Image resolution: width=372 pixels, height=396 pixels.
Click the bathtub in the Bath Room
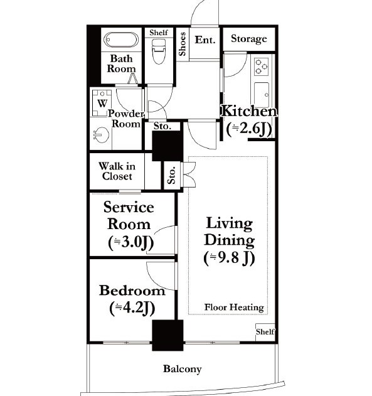pos(121,40)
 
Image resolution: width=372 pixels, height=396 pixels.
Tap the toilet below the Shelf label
pos(159,51)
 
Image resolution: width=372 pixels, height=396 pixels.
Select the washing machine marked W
pos(102,103)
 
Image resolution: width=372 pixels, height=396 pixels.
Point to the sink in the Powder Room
pos(101,134)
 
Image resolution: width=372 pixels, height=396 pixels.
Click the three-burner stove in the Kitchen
pos(261,66)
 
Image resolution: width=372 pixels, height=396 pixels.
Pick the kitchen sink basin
pos(262,94)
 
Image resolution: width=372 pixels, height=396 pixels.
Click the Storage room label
pos(249,39)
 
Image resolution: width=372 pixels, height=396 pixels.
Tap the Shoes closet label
pos(182,44)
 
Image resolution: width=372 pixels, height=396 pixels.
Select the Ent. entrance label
pos(205,40)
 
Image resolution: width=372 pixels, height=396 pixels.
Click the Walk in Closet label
pos(117,171)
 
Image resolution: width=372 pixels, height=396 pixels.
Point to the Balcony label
pos(182,369)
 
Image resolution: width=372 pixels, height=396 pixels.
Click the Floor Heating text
pos(234,308)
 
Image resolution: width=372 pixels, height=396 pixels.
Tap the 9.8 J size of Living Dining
pos(229,258)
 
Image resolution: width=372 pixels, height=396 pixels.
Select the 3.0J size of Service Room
pos(130,242)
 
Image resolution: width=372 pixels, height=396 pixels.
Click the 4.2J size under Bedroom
pos(132,308)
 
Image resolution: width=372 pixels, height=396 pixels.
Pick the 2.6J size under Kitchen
pos(249,129)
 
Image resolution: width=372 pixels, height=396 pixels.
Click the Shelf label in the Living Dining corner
pos(265,331)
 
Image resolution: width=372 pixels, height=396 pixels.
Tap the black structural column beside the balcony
pos(167,335)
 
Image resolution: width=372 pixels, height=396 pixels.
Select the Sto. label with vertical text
pos(172,175)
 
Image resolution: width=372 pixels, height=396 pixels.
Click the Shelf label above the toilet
pos(159,33)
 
